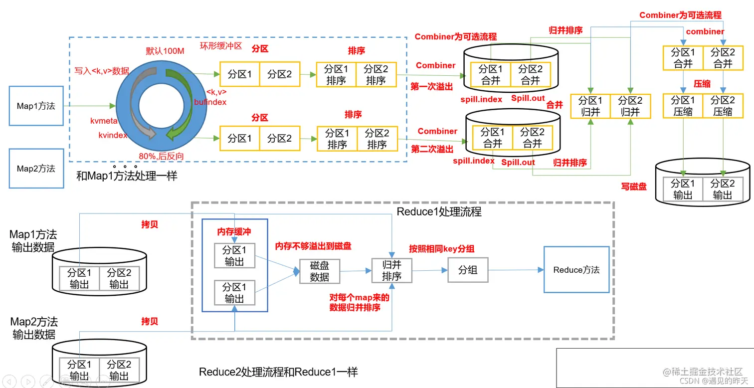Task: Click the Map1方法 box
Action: (x=36, y=106)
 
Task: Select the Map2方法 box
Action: (x=36, y=169)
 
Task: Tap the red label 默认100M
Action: (x=165, y=51)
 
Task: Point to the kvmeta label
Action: (x=103, y=121)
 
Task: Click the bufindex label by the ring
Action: (x=210, y=102)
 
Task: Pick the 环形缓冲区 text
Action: (x=221, y=46)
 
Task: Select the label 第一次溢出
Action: (x=431, y=87)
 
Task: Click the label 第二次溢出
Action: (x=432, y=149)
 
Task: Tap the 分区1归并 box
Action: (x=591, y=106)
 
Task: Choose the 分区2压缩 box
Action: (x=723, y=106)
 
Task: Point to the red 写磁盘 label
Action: (x=633, y=187)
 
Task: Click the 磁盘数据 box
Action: (x=319, y=271)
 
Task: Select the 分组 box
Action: (x=467, y=270)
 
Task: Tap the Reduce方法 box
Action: (x=576, y=270)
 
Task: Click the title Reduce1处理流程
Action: (x=439, y=211)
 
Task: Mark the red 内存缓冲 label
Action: (x=234, y=232)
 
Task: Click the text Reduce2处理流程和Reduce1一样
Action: (x=278, y=372)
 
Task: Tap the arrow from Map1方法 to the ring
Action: (x=90, y=106)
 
